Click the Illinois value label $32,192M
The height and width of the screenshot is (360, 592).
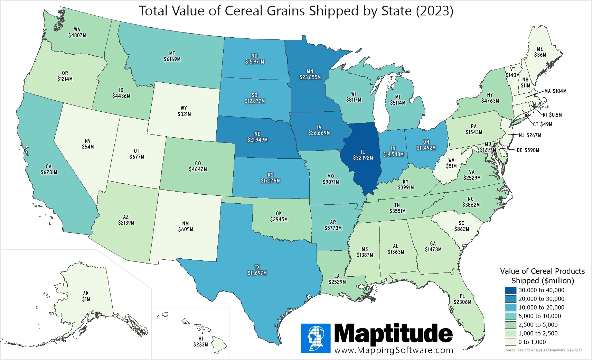point(363,158)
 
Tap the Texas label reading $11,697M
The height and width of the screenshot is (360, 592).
point(257,273)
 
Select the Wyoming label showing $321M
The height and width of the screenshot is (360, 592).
point(184,114)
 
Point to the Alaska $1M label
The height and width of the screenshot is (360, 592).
point(86,299)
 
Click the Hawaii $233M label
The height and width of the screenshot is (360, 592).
point(201,344)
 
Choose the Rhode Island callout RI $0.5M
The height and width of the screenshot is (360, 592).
point(552,115)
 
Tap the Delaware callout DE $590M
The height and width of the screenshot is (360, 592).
point(528,150)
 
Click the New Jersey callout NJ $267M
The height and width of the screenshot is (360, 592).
point(530,135)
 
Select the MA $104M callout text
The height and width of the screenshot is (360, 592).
point(555,91)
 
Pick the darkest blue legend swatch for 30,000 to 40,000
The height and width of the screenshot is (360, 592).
point(510,290)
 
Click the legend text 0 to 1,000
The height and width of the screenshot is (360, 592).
point(532,342)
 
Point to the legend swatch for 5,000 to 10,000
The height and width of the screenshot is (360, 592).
point(510,316)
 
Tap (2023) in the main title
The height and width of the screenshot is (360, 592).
point(434,11)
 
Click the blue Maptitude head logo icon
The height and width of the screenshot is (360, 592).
point(316,338)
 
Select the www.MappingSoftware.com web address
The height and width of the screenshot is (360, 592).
point(394,350)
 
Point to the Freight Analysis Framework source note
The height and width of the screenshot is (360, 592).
point(542,350)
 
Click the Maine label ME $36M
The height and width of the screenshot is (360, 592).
point(540,52)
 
